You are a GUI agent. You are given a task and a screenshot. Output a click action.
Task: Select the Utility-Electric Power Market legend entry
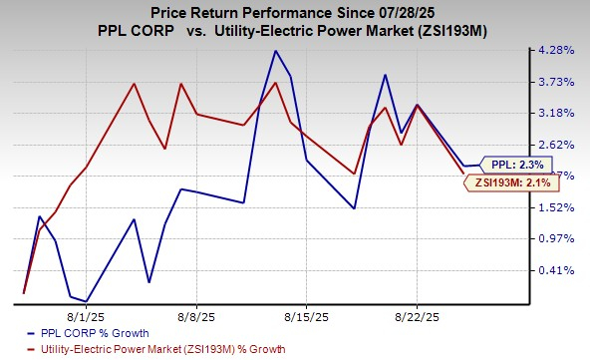tap(160, 349)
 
